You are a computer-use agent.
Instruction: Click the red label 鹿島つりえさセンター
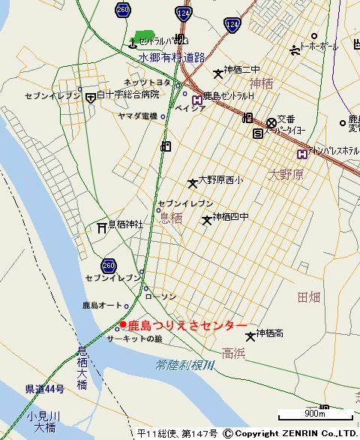[x=187, y=325]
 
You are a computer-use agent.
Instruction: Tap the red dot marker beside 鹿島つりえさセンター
[x=123, y=325]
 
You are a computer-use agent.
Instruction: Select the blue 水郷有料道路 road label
[x=172, y=57]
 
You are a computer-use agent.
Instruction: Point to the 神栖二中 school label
[x=241, y=71]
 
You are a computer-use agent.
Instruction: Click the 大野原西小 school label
[x=220, y=180]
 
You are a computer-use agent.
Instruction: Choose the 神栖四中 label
[x=230, y=217]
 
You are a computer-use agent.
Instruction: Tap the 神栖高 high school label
[x=269, y=333]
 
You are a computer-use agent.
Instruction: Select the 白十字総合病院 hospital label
[x=129, y=95]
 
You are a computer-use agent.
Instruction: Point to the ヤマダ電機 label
[x=137, y=116]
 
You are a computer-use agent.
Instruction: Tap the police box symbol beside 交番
[x=271, y=122]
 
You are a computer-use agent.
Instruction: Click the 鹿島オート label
[x=101, y=306]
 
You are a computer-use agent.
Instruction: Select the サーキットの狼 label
[x=134, y=339]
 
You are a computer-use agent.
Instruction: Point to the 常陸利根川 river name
[x=184, y=365]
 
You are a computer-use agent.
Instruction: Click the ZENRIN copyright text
[x=296, y=433]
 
